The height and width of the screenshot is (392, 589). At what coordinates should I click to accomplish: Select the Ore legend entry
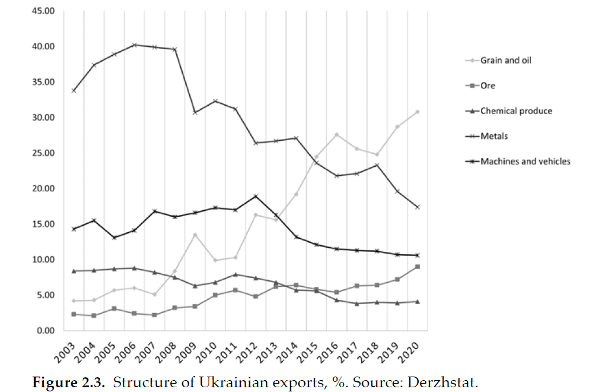[487, 86]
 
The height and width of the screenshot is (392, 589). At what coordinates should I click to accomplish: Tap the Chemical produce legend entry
[515, 111]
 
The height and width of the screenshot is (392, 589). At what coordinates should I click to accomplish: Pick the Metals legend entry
[494, 137]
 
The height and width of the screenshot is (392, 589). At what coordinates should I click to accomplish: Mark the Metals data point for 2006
[135, 45]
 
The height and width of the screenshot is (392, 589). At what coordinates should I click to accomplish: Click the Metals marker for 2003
[74, 90]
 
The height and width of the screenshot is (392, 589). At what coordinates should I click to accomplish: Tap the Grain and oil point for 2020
[418, 112]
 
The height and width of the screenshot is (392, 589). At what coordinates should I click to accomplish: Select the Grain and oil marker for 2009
[195, 235]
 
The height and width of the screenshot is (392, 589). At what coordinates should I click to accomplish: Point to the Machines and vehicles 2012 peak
[256, 196]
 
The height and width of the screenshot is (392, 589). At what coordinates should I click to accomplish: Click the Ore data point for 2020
[418, 267]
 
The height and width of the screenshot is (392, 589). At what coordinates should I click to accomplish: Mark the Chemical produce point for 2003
[74, 271]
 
